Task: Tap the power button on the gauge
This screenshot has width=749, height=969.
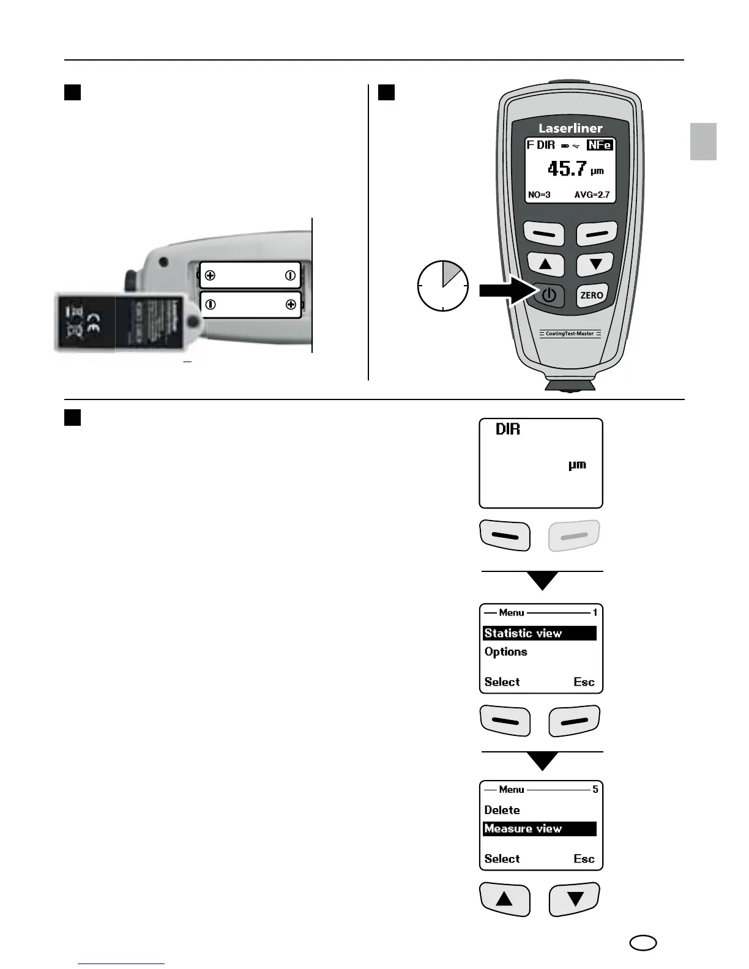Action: pyautogui.click(x=549, y=295)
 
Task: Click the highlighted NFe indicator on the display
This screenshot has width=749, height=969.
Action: pyautogui.click(x=599, y=146)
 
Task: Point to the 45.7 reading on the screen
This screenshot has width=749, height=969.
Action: pyautogui.click(x=567, y=168)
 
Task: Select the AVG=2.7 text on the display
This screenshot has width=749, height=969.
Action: pyautogui.click(x=592, y=195)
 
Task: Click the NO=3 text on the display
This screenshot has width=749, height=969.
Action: pyautogui.click(x=539, y=195)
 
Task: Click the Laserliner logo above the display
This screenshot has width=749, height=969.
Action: pyautogui.click(x=570, y=128)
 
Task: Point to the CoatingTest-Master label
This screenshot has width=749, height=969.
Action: pyautogui.click(x=570, y=334)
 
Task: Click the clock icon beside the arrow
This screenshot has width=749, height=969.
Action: pyautogui.click(x=442, y=286)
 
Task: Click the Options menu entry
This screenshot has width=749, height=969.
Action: pyautogui.click(x=506, y=652)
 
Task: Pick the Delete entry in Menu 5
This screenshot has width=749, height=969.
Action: pyautogui.click(x=502, y=810)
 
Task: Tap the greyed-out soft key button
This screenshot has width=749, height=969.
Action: pyautogui.click(x=574, y=536)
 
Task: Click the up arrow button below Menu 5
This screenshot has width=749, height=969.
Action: pyautogui.click(x=504, y=899)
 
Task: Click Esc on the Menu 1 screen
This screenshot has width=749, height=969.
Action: pyautogui.click(x=584, y=682)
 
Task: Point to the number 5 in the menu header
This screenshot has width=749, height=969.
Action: pyautogui.click(x=595, y=790)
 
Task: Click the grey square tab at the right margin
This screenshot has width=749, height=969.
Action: pyautogui.click(x=703, y=141)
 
